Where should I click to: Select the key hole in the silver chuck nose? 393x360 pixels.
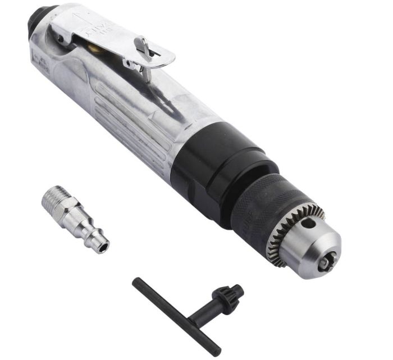coord(308,224)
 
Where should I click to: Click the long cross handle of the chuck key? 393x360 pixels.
coord(174,315)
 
